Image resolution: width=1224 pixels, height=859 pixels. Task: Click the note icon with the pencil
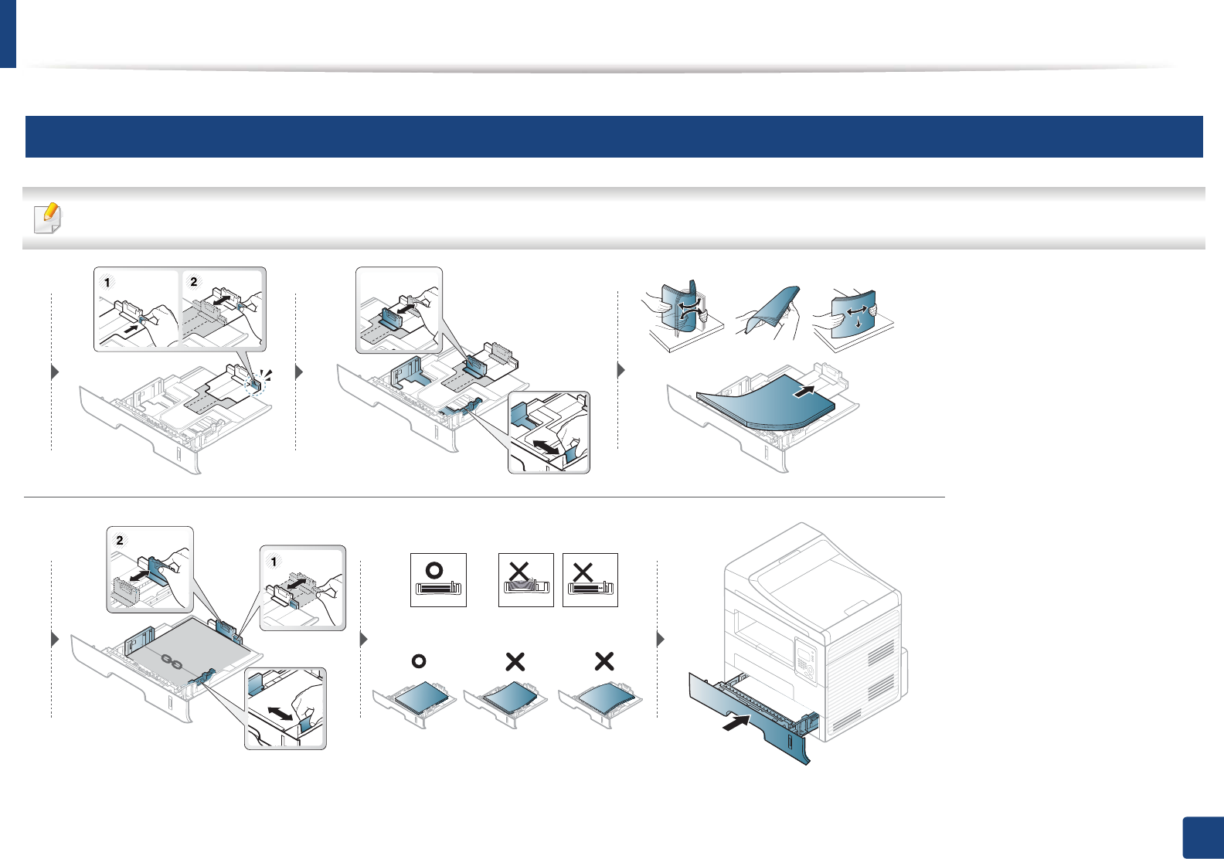click(x=48, y=218)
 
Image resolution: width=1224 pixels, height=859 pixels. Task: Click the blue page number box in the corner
click(x=1202, y=838)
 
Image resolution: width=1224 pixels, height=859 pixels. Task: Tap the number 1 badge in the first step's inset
click(x=107, y=283)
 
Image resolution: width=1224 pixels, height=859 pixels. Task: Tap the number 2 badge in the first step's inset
click(x=193, y=282)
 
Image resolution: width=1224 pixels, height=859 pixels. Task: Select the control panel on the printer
click(x=805, y=660)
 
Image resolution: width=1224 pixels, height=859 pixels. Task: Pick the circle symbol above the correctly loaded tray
click(x=419, y=661)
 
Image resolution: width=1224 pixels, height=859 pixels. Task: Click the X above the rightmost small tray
click(x=604, y=661)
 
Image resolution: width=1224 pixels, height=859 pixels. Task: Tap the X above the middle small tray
click(x=515, y=661)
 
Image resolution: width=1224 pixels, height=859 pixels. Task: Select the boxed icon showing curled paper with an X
click(x=525, y=579)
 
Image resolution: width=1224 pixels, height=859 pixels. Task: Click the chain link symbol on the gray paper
click(x=172, y=661)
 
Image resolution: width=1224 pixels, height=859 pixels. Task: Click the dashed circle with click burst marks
click(x=255, y=384)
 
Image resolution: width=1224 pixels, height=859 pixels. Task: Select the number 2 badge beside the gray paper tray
click(x=119, y=541)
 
